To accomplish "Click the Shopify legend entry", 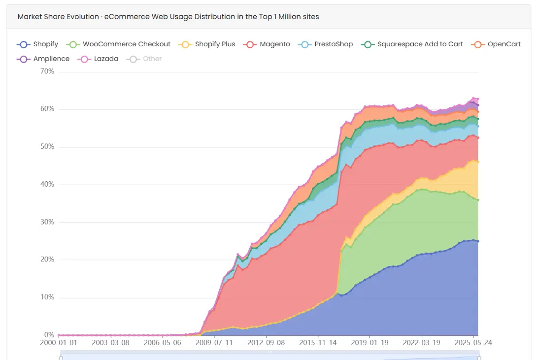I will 37,44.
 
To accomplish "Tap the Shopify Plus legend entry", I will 207,44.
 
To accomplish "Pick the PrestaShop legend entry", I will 326,44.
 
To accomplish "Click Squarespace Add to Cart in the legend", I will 412,44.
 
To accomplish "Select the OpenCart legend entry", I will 497,44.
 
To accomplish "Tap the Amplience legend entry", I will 44,59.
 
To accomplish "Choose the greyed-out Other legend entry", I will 144,59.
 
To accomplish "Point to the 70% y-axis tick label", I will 47,71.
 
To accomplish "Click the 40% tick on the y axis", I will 47,185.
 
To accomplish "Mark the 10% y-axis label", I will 47,297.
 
